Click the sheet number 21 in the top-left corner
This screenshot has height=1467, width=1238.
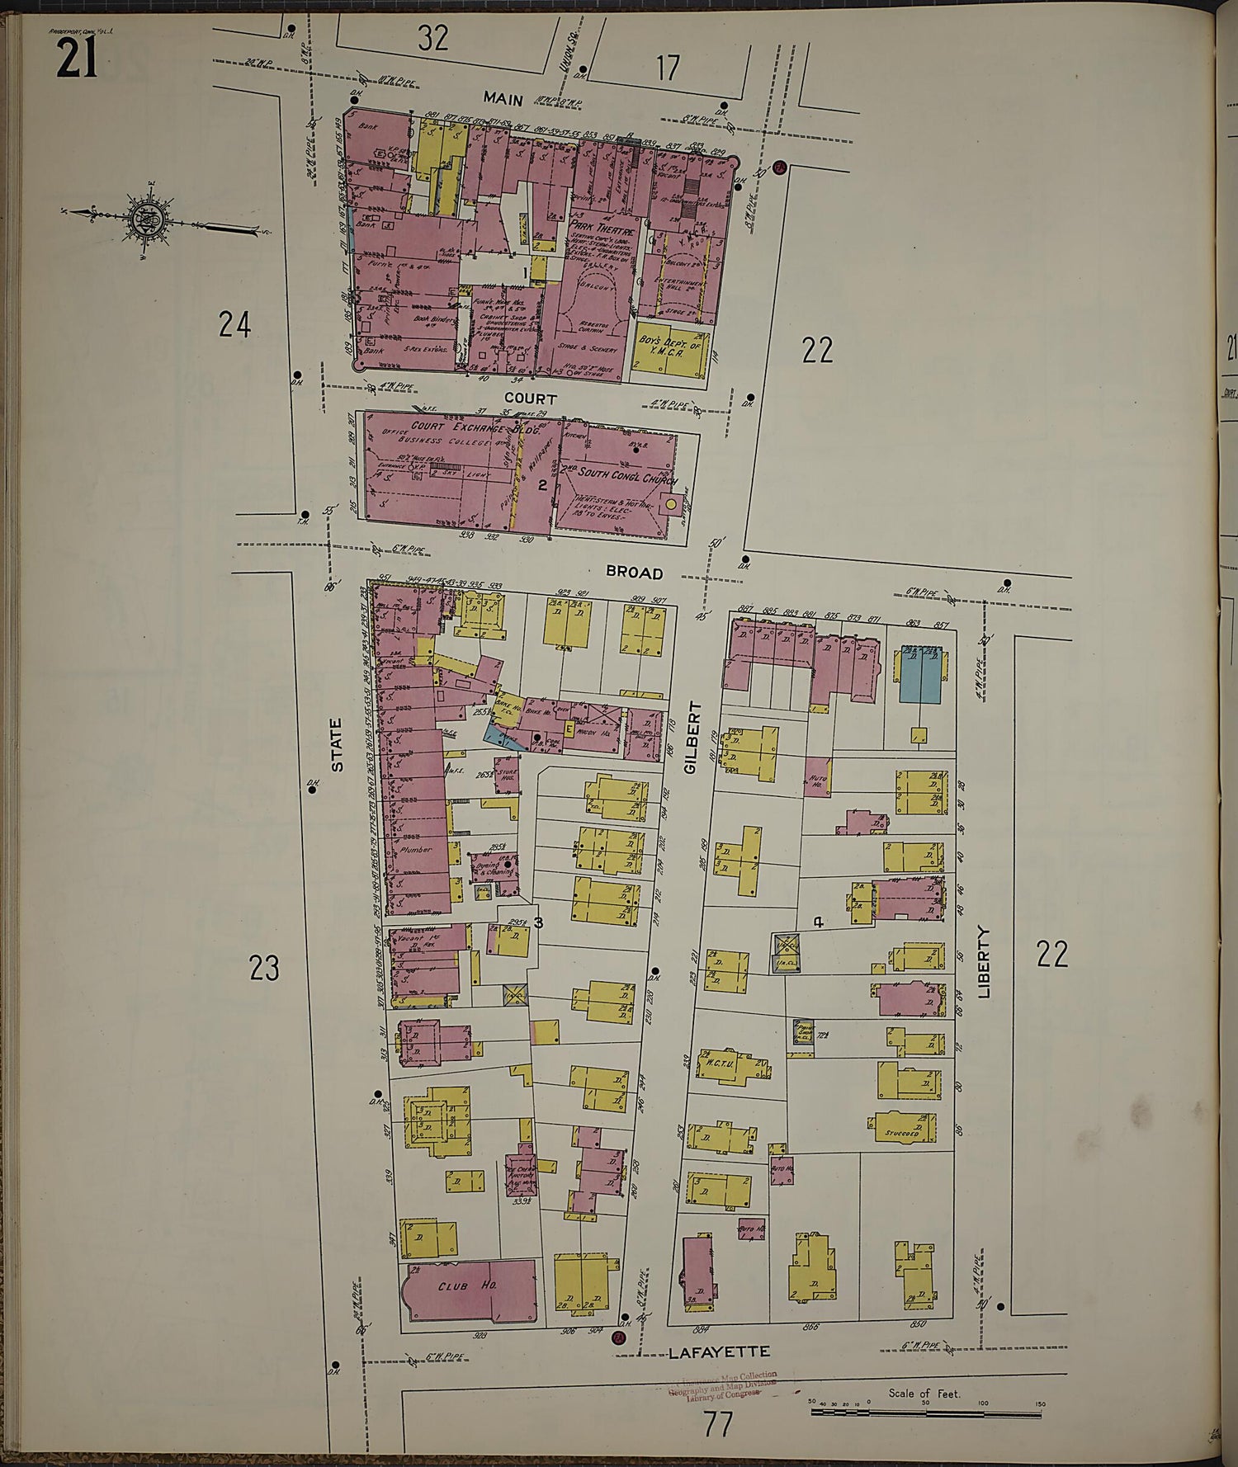pyautogui.click(x=77, y=59)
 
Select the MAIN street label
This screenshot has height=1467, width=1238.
pyautogui.click(x=503, y=99)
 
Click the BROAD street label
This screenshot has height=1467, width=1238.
pyautogui.click(x=634, y=573)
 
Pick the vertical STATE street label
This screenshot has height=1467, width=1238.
pyautogui.click(x=336, y=745)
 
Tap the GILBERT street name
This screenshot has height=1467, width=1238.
pyautogui.click(x=692, y=737)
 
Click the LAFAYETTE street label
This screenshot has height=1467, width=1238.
pyautogui.click(x=719, y=1352)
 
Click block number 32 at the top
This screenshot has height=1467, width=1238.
pyautogui.click(x=433, y=37)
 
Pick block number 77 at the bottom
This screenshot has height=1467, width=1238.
pyautogui.click(x=717, y=1424)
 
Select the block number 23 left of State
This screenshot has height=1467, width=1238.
pyautogui.click(x=264, y=968)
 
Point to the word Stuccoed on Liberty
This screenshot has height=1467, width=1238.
pyautogui.click(x=901, y=1133)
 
